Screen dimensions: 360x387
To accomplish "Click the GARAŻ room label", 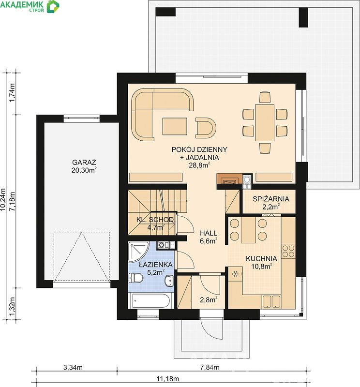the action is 84,163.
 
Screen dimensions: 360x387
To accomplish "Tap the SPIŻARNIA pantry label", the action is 271,199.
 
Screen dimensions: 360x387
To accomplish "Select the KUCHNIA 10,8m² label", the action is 261,262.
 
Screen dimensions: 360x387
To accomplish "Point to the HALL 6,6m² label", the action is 209,237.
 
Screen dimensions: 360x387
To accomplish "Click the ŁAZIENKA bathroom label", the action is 155,265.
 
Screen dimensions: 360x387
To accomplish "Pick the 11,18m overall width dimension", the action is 167,379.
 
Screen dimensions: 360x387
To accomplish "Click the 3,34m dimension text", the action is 73,368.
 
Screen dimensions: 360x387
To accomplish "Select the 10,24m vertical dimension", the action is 3,199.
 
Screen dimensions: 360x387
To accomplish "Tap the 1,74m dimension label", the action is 12,92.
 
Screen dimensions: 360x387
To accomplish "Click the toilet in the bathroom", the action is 136,278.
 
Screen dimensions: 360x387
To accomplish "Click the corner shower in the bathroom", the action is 138,252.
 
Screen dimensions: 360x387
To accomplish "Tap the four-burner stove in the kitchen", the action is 288,251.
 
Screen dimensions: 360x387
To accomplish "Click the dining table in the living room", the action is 265,123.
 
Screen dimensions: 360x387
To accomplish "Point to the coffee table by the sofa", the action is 175,126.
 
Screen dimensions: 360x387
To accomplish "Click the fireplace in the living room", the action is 229,179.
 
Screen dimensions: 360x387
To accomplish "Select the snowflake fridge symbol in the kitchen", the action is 235,274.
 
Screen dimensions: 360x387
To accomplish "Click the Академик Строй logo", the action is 30,6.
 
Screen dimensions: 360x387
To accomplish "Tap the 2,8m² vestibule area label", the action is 209,299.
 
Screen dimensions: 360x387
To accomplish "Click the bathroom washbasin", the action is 169,281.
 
